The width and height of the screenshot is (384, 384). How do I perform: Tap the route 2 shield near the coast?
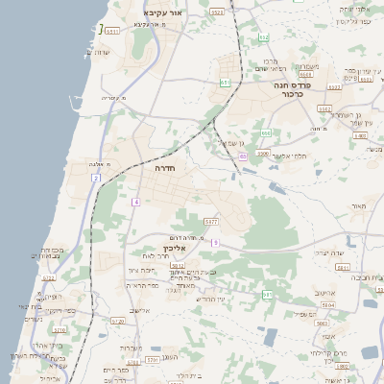[x=96, y=178]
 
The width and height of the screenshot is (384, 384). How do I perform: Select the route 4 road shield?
[x=136, y=202]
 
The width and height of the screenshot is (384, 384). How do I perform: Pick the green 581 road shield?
[x=267, y=294]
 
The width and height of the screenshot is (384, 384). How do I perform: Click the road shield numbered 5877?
[x=211, y=222]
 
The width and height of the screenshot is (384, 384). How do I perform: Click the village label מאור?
[x=359, y=206]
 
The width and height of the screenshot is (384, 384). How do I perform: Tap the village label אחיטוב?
[x=323, y=292]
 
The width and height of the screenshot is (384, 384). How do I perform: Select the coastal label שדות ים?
[x=111, y=51]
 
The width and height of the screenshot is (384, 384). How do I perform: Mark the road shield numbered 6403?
[x=360, y=135]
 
